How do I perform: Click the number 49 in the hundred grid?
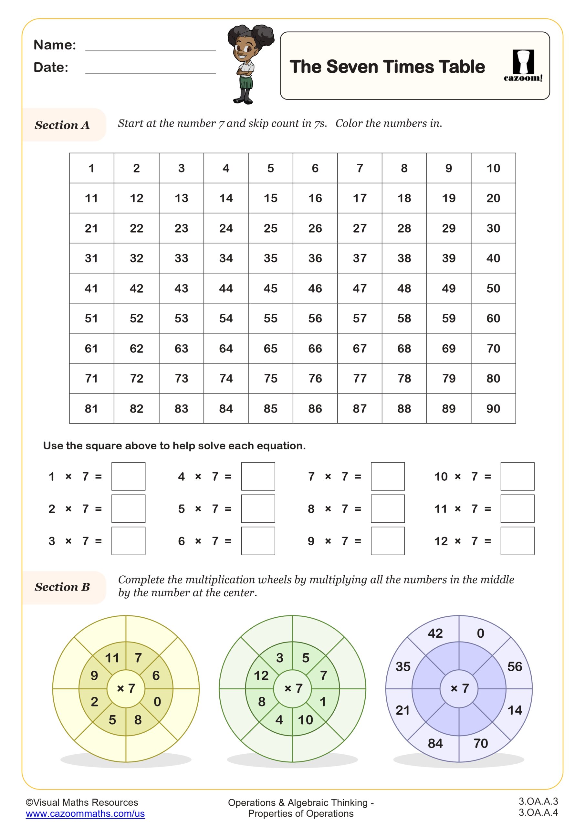[x=448, y=288]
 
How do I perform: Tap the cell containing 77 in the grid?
[x=360, y=378]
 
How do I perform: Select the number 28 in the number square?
[x=404, y=228]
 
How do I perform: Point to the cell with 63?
[x=181, y=348]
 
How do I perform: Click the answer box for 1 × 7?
[x=128, y=476]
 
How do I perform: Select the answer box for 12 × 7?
[x=517, y=541]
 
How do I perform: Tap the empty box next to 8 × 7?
[x=388, y=508]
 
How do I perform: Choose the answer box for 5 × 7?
[x=258, y=508]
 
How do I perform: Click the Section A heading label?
[x=62, y=125]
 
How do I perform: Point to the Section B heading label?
[x=62, y=587]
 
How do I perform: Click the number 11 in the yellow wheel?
[x=112, y=658]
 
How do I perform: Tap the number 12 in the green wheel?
[x=261, y=675]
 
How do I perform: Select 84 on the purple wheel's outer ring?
[x=435, y=743]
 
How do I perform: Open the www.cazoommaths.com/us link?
[x=85, y=813]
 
